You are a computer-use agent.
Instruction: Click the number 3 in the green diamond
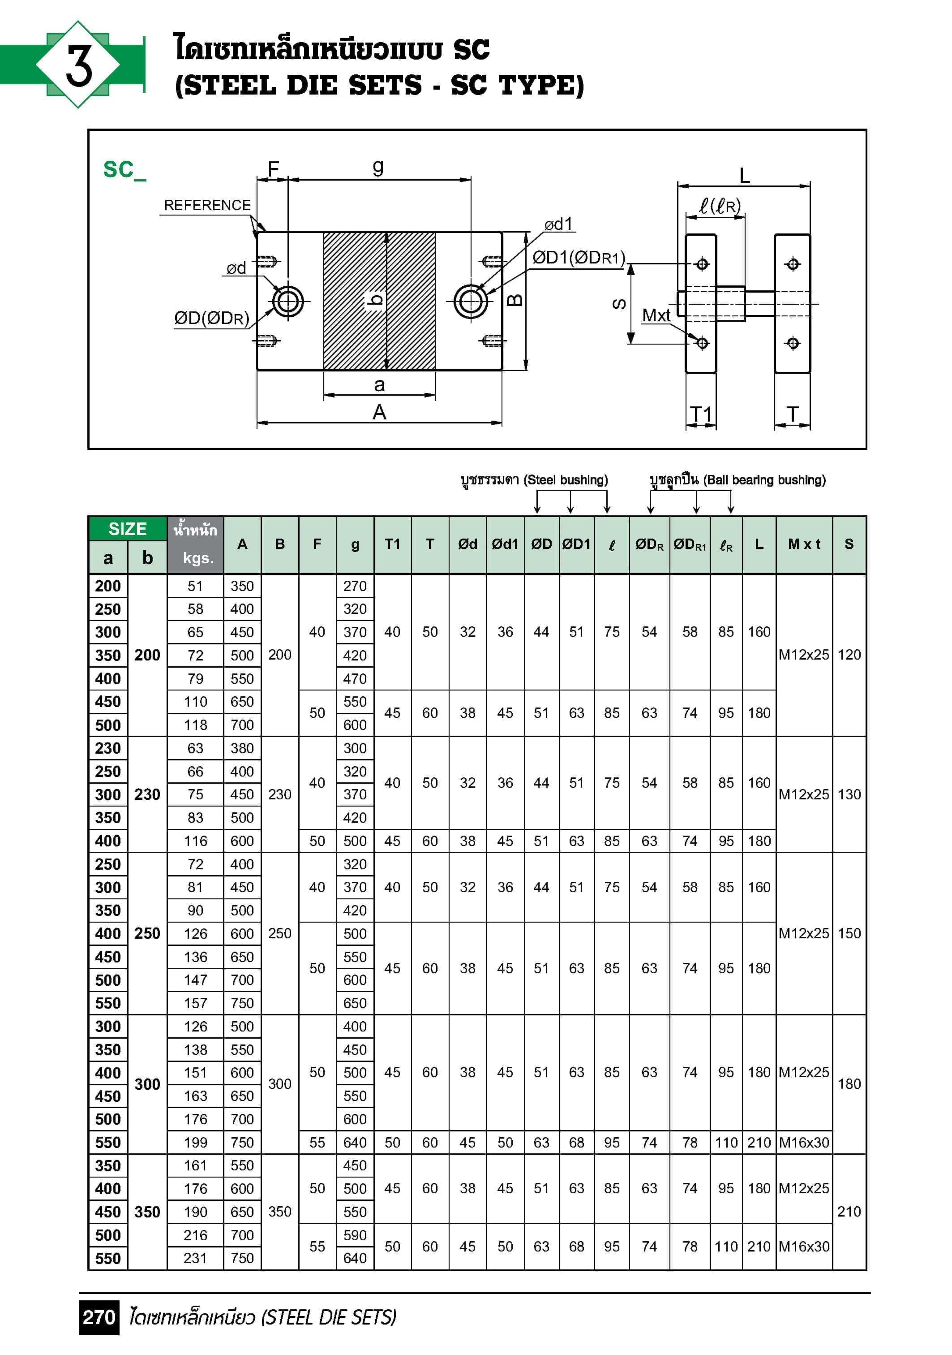pos(78,65)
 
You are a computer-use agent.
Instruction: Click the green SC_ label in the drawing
pos(124,170)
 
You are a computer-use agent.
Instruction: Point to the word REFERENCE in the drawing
pos(207,205)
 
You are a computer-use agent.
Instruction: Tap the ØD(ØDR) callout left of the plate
pos(211,319)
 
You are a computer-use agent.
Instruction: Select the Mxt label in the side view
pos(656,316)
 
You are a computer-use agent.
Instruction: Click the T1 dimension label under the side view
pos(701,414)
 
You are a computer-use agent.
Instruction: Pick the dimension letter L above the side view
pos(744,176)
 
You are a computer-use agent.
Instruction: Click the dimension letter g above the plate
pos(378,167)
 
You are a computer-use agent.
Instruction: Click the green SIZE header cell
pos(128,529)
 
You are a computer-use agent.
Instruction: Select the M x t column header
pos(804,544)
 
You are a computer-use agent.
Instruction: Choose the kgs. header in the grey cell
pos(197,558)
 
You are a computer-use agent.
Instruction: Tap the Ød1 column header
pos(505,544)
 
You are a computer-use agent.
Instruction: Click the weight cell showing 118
pos(195,725)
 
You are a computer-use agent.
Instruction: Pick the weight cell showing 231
pos(195,1258)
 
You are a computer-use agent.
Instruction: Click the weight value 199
pos(195,1143)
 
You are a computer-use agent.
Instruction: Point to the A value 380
pos(242,748)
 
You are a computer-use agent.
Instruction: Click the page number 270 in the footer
pos(99,1317)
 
